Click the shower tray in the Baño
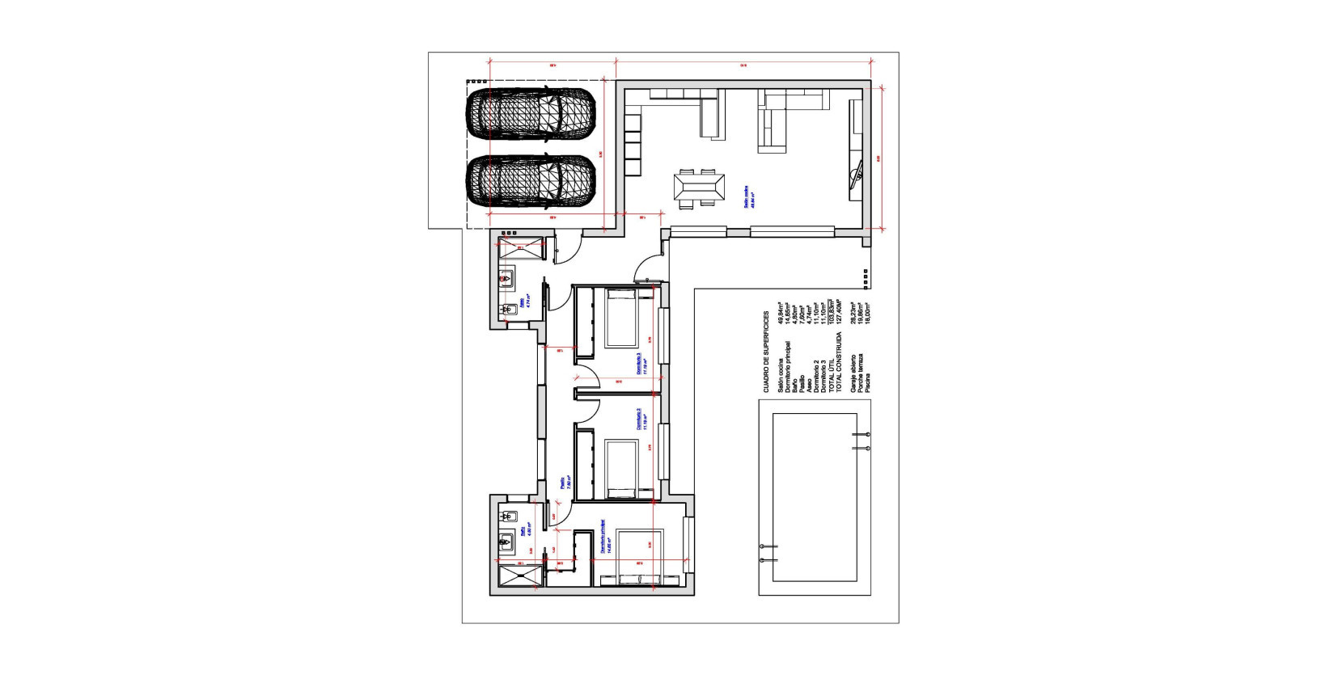coord(515,578)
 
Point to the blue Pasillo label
coord(564,483)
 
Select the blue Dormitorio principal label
coord(604,537)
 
